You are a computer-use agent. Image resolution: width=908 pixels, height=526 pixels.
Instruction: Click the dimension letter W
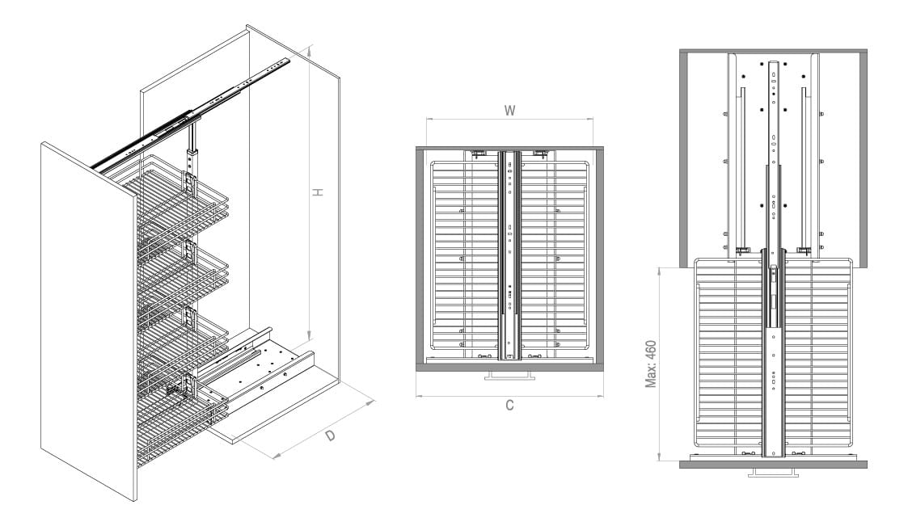point(509,110)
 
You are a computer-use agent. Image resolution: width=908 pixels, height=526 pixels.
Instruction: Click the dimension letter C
point(509,405)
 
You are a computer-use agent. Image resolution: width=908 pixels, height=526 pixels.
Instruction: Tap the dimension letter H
point(317,192)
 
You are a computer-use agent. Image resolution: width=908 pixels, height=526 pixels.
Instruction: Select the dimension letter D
point(330,436)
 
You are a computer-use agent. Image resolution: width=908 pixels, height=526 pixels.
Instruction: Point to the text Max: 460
point(651,364)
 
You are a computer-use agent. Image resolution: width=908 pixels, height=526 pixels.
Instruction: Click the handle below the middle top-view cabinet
point(509,376)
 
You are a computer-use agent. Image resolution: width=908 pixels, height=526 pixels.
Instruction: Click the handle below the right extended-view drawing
point(773,472)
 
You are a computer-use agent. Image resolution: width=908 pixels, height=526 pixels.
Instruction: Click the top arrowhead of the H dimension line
point(310,51)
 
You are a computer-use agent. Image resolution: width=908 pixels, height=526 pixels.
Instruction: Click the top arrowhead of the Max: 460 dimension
point(660,271)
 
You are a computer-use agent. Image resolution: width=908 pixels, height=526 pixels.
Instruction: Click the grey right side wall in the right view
point(864,159)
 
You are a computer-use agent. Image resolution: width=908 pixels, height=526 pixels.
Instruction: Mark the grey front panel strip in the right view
point(773,464)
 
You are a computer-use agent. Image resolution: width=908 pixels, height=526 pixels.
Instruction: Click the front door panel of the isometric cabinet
point(89,321)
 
